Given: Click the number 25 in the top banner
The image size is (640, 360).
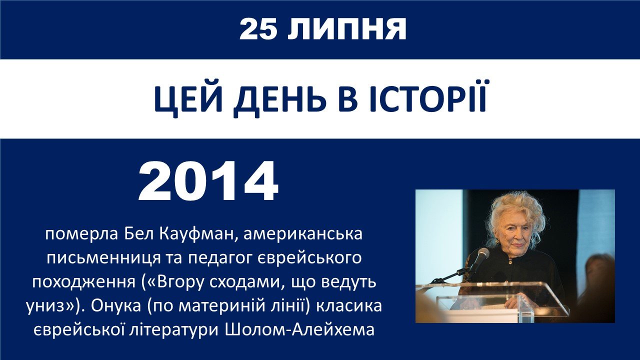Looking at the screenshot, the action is pos(258,29).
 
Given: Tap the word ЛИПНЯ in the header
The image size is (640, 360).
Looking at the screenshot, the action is pos(346,29).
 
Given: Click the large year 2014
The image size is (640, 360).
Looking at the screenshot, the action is pos(208,181).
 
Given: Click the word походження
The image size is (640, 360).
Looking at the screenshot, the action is pos(83,283).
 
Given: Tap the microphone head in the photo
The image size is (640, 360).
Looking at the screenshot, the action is pos(482,255).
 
